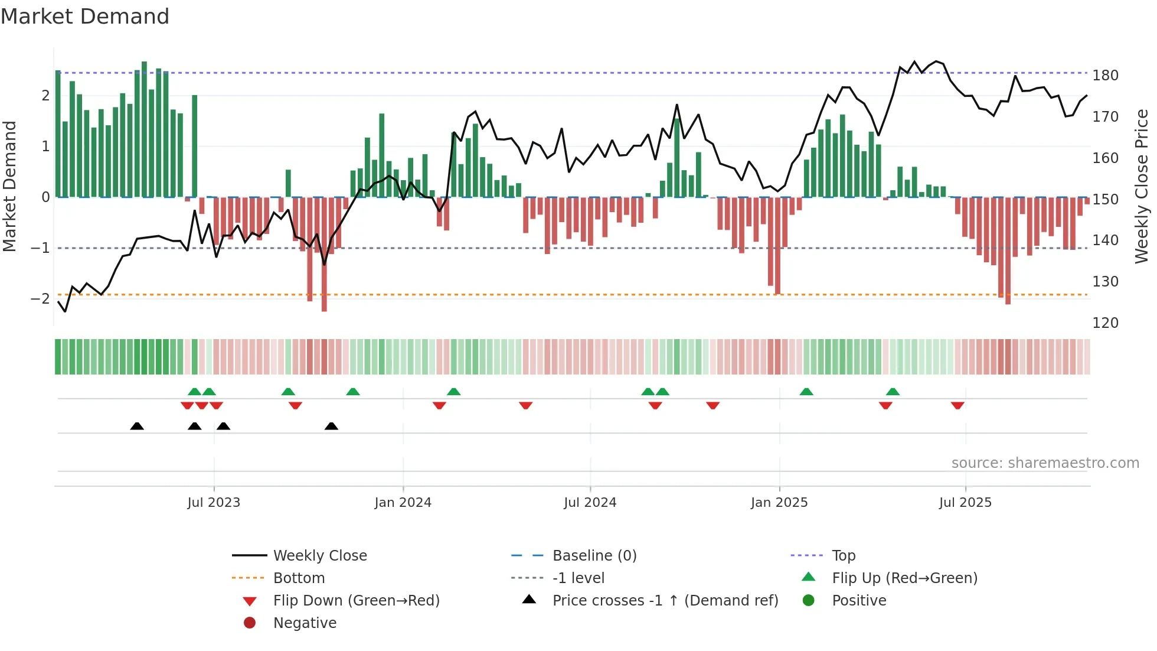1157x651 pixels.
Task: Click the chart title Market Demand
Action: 85,17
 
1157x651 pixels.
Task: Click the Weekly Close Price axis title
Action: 1142,186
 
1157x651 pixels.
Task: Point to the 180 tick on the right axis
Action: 1105,76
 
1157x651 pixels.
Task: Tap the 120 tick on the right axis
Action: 1105,323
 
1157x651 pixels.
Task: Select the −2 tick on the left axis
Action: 40,298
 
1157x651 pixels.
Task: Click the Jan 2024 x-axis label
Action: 403,503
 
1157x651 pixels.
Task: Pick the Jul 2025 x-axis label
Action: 965,503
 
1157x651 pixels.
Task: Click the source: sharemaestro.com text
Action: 1045,463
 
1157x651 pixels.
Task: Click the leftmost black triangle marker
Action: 137,427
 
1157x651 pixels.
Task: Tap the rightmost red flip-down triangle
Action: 957,405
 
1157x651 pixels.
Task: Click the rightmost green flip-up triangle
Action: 893,392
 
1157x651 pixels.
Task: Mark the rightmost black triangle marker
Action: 331,427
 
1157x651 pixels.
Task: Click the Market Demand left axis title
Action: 10,186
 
